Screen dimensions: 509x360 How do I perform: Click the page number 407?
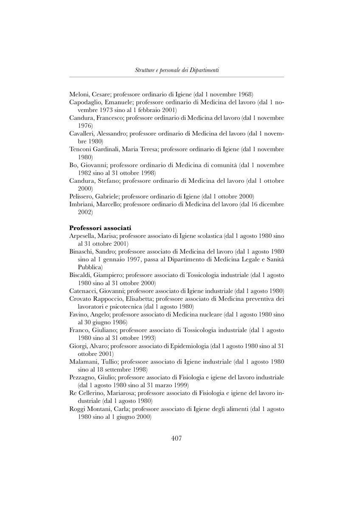click(x=177, y=439)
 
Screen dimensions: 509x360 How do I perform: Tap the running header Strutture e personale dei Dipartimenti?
click(x=177, y=70)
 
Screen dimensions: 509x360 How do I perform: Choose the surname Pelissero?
click(x=82, y=196)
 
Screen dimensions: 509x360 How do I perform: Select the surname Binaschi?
click(x=82, y=252)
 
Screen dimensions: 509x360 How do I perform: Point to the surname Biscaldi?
click(x=82, y=275)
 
